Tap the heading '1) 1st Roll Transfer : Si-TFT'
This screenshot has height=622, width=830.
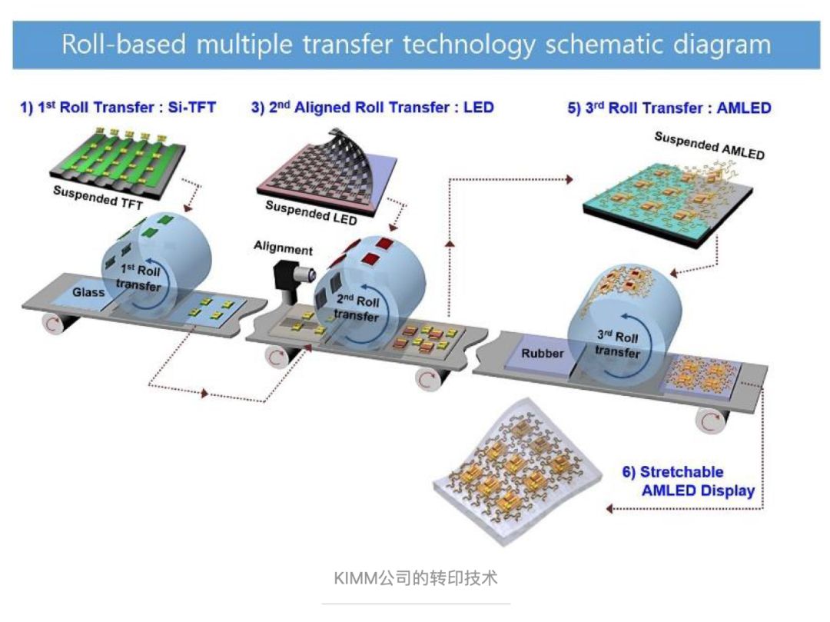(118, 108)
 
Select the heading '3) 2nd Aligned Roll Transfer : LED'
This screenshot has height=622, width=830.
(372, 108)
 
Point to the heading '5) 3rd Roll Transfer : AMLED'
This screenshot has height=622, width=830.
(669, 108)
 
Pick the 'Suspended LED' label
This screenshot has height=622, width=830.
(311, 212)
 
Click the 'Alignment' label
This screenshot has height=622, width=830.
(284, 249)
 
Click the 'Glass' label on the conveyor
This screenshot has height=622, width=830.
(88, 292)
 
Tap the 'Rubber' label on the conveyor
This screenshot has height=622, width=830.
(543, 354)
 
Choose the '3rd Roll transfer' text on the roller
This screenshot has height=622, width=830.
(617, 345)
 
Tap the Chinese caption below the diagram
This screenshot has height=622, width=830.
(416, 577)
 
